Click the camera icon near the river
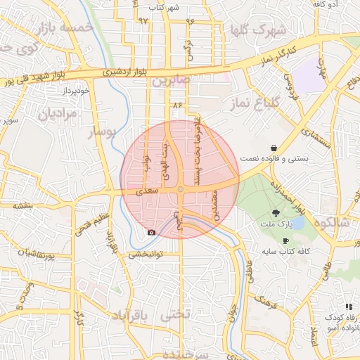150,232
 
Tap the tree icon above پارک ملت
275,213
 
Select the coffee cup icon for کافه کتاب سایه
285,240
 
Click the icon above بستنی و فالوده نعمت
273,148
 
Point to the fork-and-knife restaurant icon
349,307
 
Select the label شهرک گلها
259,30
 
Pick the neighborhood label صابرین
167,82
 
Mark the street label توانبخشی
144,255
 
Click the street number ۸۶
176,105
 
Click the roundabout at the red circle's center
181,190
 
